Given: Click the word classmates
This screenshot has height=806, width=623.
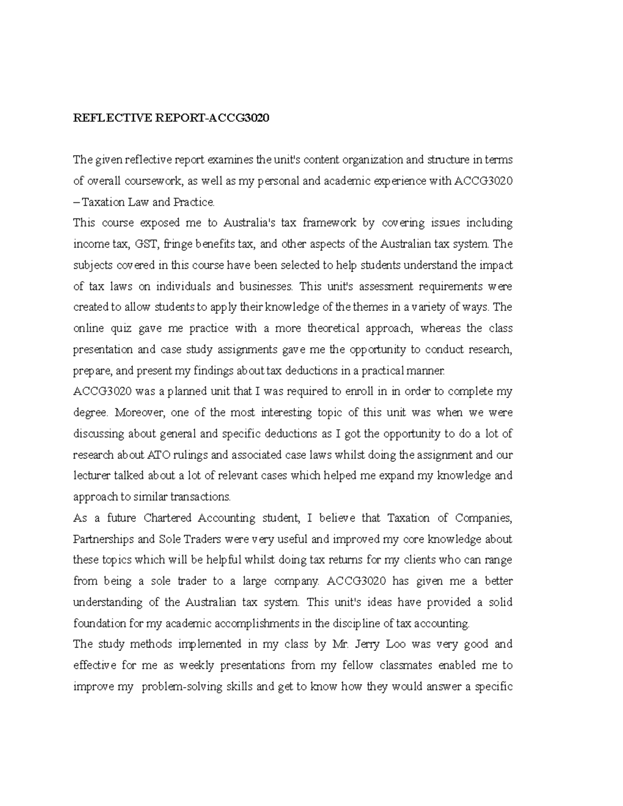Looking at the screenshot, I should [x=405, y=665].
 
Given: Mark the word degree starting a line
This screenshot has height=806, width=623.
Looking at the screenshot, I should [x=90, y=413].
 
